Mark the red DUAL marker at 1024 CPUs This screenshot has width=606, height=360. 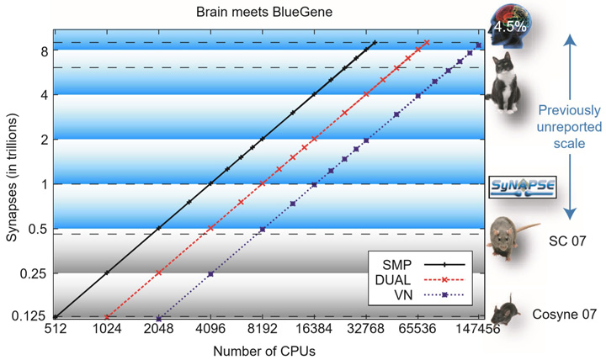tap(107, 317)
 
